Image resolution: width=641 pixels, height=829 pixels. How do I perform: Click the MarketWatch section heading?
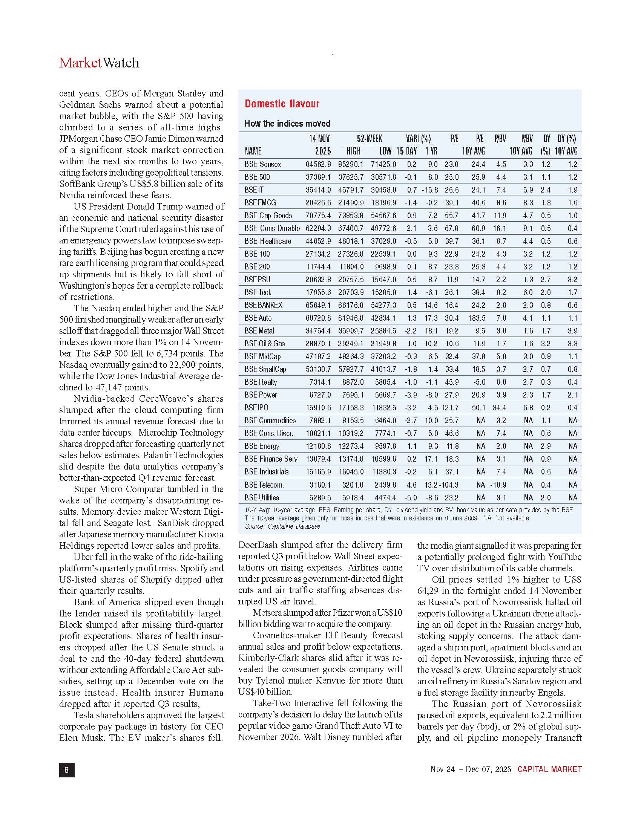point(99,63)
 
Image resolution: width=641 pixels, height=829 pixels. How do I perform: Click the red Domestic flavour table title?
point(282,104)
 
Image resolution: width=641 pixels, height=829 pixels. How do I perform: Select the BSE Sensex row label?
point(263,164)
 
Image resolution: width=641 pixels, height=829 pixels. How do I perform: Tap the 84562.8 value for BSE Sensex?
point(318,164)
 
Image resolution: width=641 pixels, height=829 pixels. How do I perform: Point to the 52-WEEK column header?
point(369,139)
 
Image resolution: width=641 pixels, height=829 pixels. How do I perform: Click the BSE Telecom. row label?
point(264,485)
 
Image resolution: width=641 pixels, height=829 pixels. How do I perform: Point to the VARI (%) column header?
point(418,139)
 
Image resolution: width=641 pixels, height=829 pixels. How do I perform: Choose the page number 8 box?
point(67,769)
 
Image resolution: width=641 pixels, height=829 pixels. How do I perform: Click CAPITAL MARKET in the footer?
point(549,769)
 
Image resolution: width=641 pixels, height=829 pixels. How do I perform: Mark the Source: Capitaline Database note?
point(282,526)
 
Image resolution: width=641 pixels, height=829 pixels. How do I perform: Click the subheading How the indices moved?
point(287,123)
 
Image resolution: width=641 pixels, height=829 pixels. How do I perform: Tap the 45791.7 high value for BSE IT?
point(351,190)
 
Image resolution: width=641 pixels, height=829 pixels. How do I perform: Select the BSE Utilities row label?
point(262,498)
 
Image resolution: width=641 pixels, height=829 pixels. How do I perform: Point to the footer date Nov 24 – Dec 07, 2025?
point(471,769)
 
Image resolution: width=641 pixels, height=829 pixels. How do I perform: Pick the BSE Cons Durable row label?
point(272,228)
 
